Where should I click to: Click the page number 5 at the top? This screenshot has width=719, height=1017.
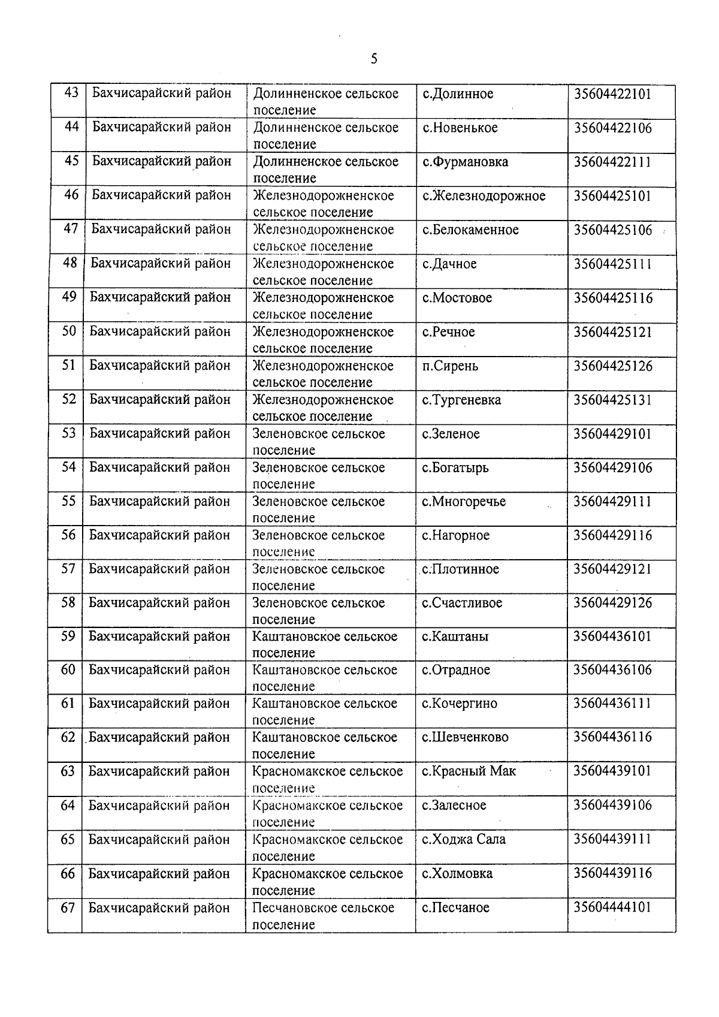coord(374,59)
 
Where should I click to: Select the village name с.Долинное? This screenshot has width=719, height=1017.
coord(458,94)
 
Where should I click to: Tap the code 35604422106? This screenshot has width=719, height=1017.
coord(612,128)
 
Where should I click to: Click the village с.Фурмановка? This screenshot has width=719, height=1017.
coord(465,162)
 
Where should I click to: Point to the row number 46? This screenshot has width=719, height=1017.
coord(71,195)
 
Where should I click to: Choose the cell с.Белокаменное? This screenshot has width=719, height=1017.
coord(470,230)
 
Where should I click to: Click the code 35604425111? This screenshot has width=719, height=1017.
coord(612,264)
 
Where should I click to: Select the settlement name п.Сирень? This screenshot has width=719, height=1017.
coord(450,366)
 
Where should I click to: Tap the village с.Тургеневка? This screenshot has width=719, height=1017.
coord(461,400)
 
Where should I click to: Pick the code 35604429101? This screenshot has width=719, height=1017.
coord(612,434)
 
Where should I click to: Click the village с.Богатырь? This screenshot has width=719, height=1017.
coord(455,467)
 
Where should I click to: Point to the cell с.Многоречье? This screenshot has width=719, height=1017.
coord(464,502)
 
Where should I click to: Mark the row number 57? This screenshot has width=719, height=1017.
coord(68,569)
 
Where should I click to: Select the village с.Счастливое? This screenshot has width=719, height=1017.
coord(462,603)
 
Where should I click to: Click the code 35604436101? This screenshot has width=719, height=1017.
coord(612,636)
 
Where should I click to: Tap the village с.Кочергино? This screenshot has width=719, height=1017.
coord(460,704)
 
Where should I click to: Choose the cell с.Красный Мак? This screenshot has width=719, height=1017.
coord(469,771)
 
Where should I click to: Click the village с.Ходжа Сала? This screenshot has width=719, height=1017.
coord(464,840)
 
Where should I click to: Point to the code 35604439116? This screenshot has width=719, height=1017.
coord(612,873)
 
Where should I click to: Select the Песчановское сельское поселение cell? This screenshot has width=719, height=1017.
coord(323,916)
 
